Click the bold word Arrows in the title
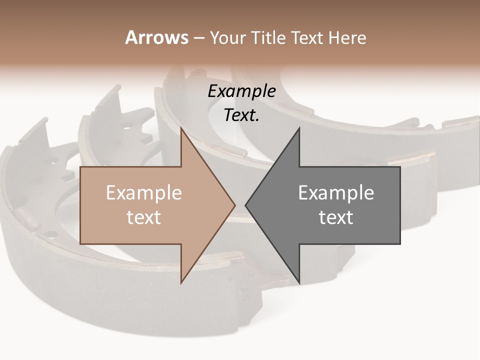(x=157, y=37)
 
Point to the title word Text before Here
(x=307, y=37)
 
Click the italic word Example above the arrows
(x=241, y=91)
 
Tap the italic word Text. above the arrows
(x=241, y=115)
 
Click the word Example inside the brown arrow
(x=144, y=192)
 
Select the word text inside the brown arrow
(x=144, y=217)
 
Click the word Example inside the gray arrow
(x=336, y=192)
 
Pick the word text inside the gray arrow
(x=336, y=217)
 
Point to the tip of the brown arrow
(x=235, y=205)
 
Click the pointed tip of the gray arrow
(x=245, y=205)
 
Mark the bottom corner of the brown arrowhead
(x=181, y=283)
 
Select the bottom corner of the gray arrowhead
(x=299, y=283)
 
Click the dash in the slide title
(x=199, y=38)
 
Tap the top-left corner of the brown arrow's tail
(x=80, y=166)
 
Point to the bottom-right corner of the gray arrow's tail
(x=400, y=244)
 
